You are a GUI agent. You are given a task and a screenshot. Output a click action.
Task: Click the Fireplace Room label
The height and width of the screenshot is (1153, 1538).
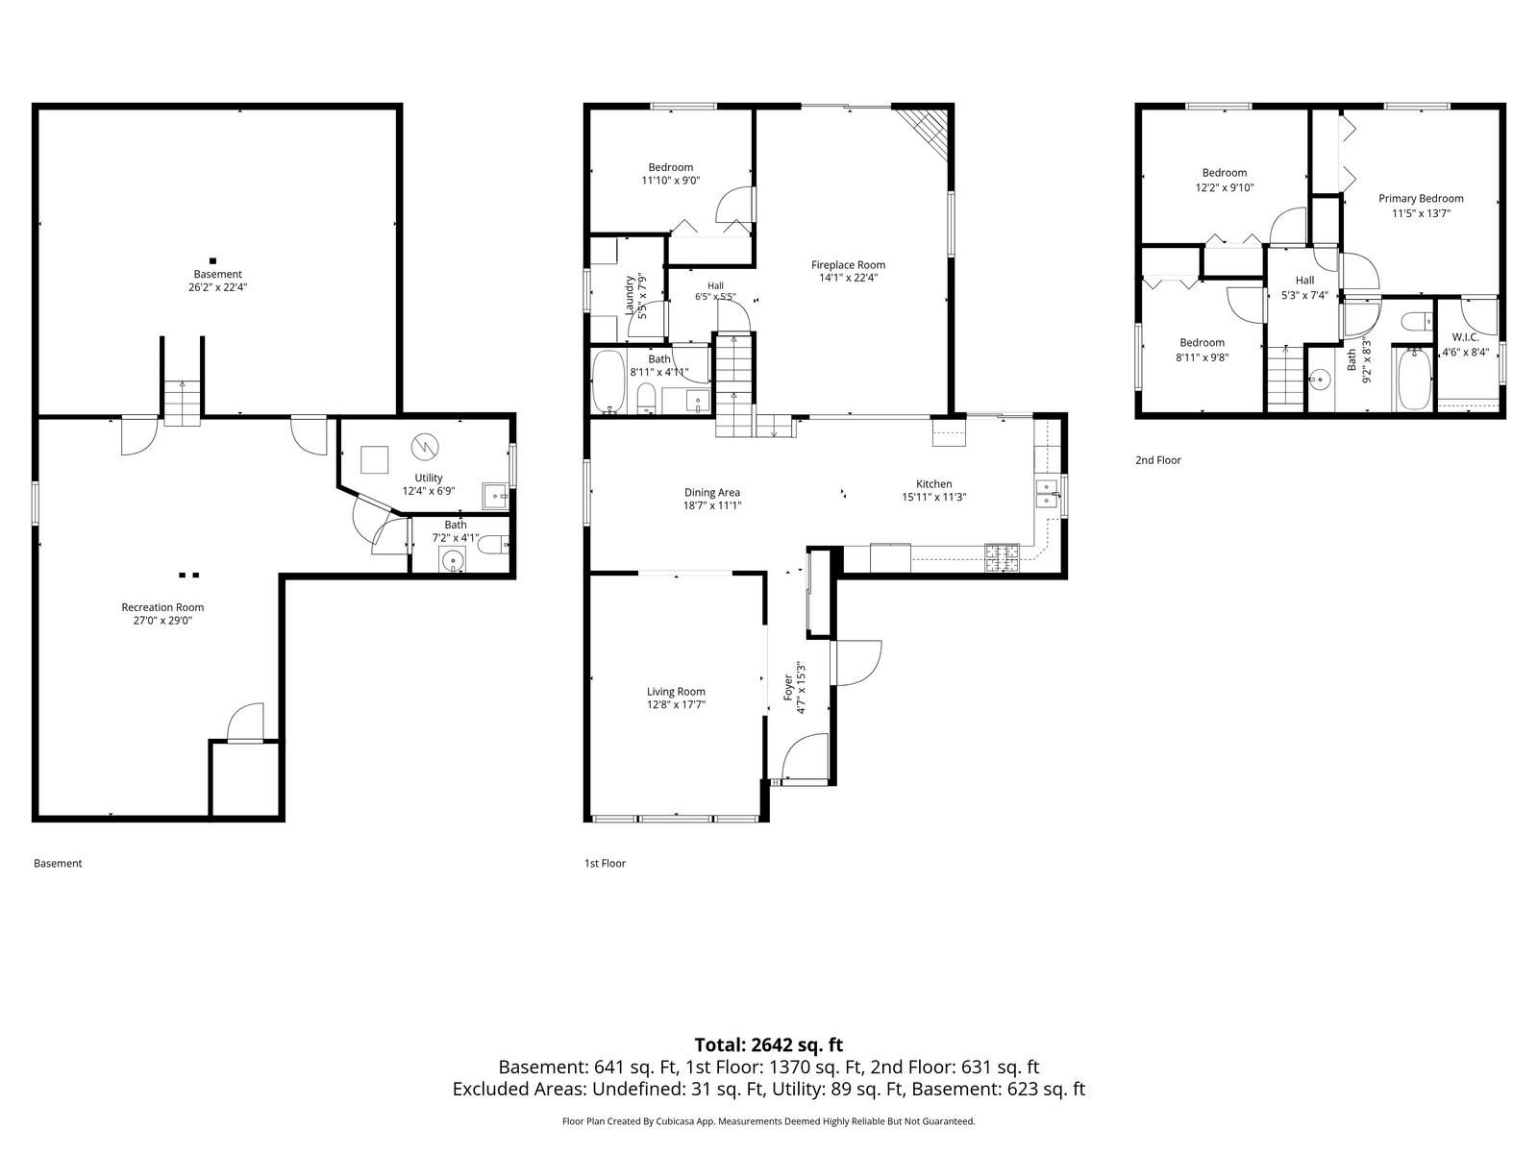pos(848,264)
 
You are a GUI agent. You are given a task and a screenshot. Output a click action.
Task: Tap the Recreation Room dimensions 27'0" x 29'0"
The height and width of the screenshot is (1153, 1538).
pos(162,621)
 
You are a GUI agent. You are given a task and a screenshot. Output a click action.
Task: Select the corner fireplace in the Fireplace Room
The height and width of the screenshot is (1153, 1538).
pos(924,133)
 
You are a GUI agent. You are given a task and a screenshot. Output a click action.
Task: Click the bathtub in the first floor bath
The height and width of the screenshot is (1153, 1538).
pos(608,382)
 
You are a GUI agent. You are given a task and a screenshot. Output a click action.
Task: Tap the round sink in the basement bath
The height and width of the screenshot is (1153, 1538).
pos(453,560)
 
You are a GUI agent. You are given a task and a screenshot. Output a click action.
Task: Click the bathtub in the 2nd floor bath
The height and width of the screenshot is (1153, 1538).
pos(1413,379)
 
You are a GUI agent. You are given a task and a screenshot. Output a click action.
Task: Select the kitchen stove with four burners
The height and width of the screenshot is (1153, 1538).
pos(1002,558)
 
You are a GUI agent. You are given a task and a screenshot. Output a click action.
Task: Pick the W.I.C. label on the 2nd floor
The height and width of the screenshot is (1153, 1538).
pos(1465,337)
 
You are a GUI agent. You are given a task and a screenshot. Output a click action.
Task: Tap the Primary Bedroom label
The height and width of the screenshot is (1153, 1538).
pos(1421,198)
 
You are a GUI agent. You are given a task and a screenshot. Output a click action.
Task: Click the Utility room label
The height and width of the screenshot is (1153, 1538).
pos(428,478)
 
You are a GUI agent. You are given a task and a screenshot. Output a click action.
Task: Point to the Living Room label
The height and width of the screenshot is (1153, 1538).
pos(676,691)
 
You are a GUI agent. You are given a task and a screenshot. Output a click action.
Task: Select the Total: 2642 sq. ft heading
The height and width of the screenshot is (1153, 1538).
pos(769,1044)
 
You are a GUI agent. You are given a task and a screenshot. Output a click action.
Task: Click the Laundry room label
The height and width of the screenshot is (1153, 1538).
pos(630,295)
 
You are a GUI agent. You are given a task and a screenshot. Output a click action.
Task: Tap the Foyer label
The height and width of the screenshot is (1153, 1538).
pos(787,687)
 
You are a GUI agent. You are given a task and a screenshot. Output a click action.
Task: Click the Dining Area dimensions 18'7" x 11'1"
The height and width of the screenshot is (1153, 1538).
pos(712,505)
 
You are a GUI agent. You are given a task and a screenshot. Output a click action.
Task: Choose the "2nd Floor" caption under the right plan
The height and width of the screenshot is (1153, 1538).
pos(1158,460)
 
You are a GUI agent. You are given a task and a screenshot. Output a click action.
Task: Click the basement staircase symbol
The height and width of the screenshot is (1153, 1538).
pos(183,402)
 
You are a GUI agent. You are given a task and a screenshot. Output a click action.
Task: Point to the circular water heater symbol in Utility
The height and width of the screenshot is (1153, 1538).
pos(425,446)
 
